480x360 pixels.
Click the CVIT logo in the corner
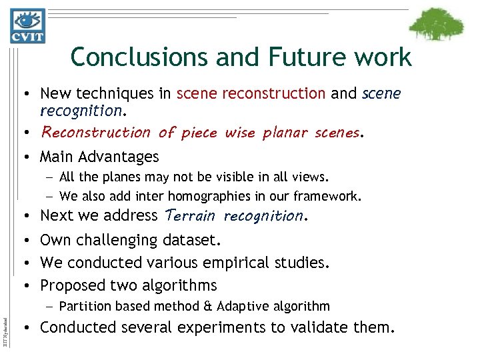[27, 25]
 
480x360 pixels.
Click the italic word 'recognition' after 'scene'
[81, 109]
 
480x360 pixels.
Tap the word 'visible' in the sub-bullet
[243, 178]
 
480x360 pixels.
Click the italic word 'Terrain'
[189, 216]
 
